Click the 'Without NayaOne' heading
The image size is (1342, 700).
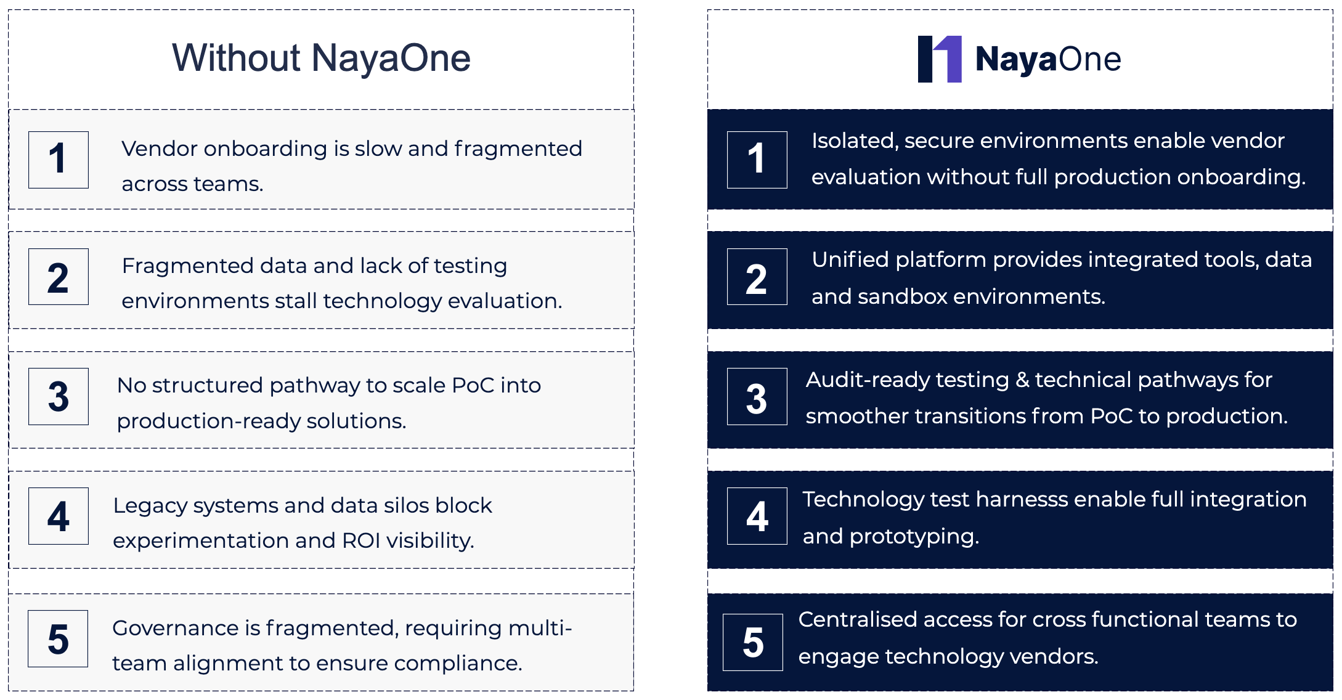tap(321, 59)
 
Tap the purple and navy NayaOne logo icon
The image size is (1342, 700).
tap(940, 59)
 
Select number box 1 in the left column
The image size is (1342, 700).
tap(59, 160)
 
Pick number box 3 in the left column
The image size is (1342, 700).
tap(59, 396)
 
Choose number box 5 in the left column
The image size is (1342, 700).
tap(58, 638)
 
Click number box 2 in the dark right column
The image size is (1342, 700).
tap(757, 277)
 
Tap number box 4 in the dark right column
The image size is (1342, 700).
tap(757, 516)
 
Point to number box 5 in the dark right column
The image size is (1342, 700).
tap(753, 642)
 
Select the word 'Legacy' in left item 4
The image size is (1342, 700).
tap(150, 506)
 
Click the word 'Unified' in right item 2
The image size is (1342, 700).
tap(850, 260)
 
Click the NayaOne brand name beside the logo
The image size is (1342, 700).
tap(1048, 60)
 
